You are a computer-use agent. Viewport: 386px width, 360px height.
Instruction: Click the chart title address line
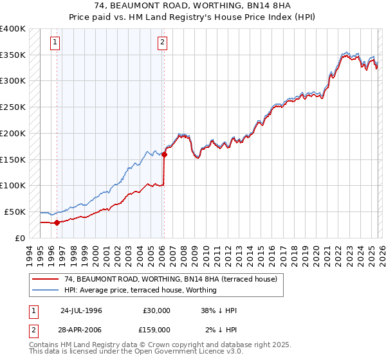pyautogui.click(x=193, y=6)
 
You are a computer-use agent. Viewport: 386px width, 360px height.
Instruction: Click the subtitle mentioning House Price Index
pyautogui.click(x=193, y=17)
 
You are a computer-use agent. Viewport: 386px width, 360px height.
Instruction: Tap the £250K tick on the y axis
pyautogui.click(x=13, y=107)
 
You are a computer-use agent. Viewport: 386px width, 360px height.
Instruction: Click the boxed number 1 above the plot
pyautogui.click(x=55, y=43)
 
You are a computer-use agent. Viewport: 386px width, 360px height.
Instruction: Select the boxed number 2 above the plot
pyautogui.click(x=162, y=43)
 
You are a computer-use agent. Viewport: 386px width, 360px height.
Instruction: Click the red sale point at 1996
pyautogui.click(x=57, y=222)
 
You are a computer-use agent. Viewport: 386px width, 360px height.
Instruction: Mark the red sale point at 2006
pyautogui.click(x=164, y=154)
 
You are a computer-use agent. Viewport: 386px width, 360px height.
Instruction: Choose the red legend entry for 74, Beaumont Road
pyautogui.click(x=170, y=279)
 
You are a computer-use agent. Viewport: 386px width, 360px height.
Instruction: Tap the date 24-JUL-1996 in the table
pyautogui.click(x=81, y=310)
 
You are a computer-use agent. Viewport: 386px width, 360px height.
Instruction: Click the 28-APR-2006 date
pyautogui.click(x=81, y=329)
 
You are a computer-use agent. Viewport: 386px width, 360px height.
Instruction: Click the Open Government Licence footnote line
pyautogui.click(x=136, y=352)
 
